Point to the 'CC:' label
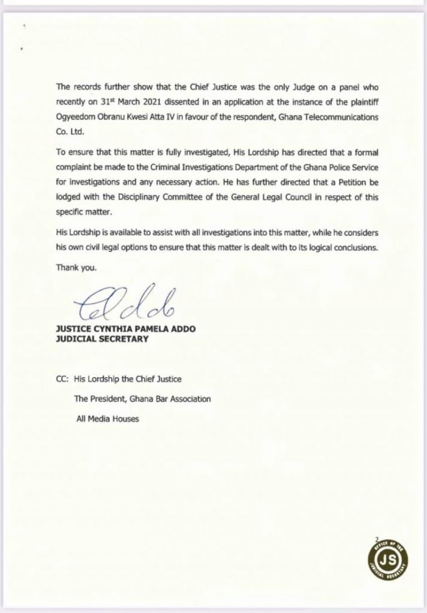62,380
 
